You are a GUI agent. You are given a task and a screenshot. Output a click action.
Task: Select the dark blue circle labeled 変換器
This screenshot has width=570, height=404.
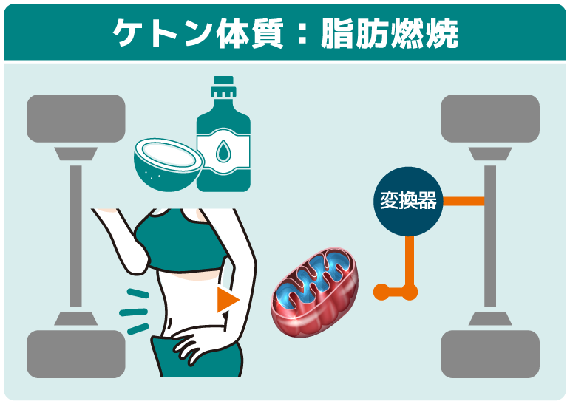pos(407,200)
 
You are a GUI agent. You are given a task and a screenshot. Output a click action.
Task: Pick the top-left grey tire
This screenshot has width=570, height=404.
pos(75,117)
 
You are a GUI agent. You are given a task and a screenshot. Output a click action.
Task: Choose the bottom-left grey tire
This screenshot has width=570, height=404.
pos(75,354)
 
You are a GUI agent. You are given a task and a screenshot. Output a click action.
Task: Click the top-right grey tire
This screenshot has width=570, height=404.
pos(489,117)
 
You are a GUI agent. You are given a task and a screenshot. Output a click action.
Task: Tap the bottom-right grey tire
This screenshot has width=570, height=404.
pos(489,354)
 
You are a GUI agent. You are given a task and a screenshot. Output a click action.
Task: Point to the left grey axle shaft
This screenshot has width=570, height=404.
pos(75,236)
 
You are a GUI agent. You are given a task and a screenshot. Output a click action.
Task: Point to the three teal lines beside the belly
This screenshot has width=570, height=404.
pos(134,310)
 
